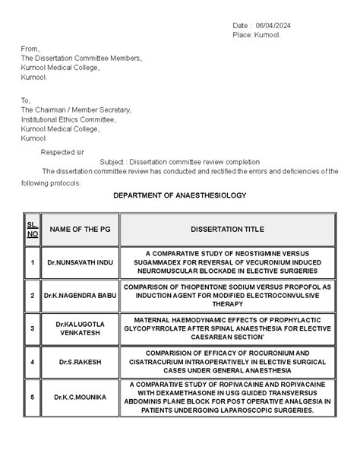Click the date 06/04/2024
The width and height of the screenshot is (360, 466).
(273, 27)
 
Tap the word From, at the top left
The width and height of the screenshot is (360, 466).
(30, 48)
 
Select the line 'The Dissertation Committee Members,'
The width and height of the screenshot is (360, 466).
(81, 58)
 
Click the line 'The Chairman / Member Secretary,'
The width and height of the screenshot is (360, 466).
(75, 110)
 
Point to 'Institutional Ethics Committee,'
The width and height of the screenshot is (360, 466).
(68, 119)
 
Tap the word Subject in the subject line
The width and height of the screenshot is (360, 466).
(112, 162)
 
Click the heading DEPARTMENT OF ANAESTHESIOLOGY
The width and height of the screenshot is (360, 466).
(180, 196)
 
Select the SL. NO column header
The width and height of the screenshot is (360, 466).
(33, 229)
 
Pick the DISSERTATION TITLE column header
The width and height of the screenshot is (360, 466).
(228, 229)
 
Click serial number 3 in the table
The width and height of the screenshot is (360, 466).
(33, 328)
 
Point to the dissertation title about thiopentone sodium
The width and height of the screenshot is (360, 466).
(228, 293)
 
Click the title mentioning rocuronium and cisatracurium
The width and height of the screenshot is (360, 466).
(228, 362)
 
